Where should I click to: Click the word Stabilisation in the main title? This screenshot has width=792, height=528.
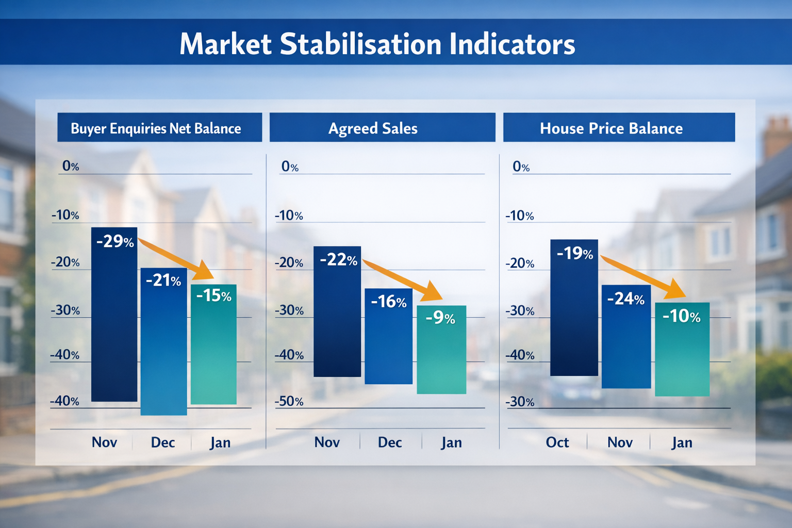360,44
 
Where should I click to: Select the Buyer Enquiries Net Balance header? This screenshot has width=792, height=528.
156,128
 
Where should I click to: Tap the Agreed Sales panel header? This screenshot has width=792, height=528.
373,128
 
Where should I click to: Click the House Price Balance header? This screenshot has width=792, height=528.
611,128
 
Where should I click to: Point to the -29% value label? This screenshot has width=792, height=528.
115,241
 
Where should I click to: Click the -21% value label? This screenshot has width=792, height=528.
163,280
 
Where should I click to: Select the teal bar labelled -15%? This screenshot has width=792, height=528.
213,351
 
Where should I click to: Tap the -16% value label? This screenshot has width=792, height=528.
389,302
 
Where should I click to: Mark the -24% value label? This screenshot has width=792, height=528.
626,299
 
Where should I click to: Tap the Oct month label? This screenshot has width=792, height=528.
557,442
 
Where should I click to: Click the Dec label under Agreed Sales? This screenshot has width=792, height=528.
390,442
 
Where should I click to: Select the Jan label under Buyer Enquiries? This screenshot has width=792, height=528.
220,442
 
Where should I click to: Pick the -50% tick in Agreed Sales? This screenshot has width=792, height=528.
289,401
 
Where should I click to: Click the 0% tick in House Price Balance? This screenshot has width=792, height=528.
521,167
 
